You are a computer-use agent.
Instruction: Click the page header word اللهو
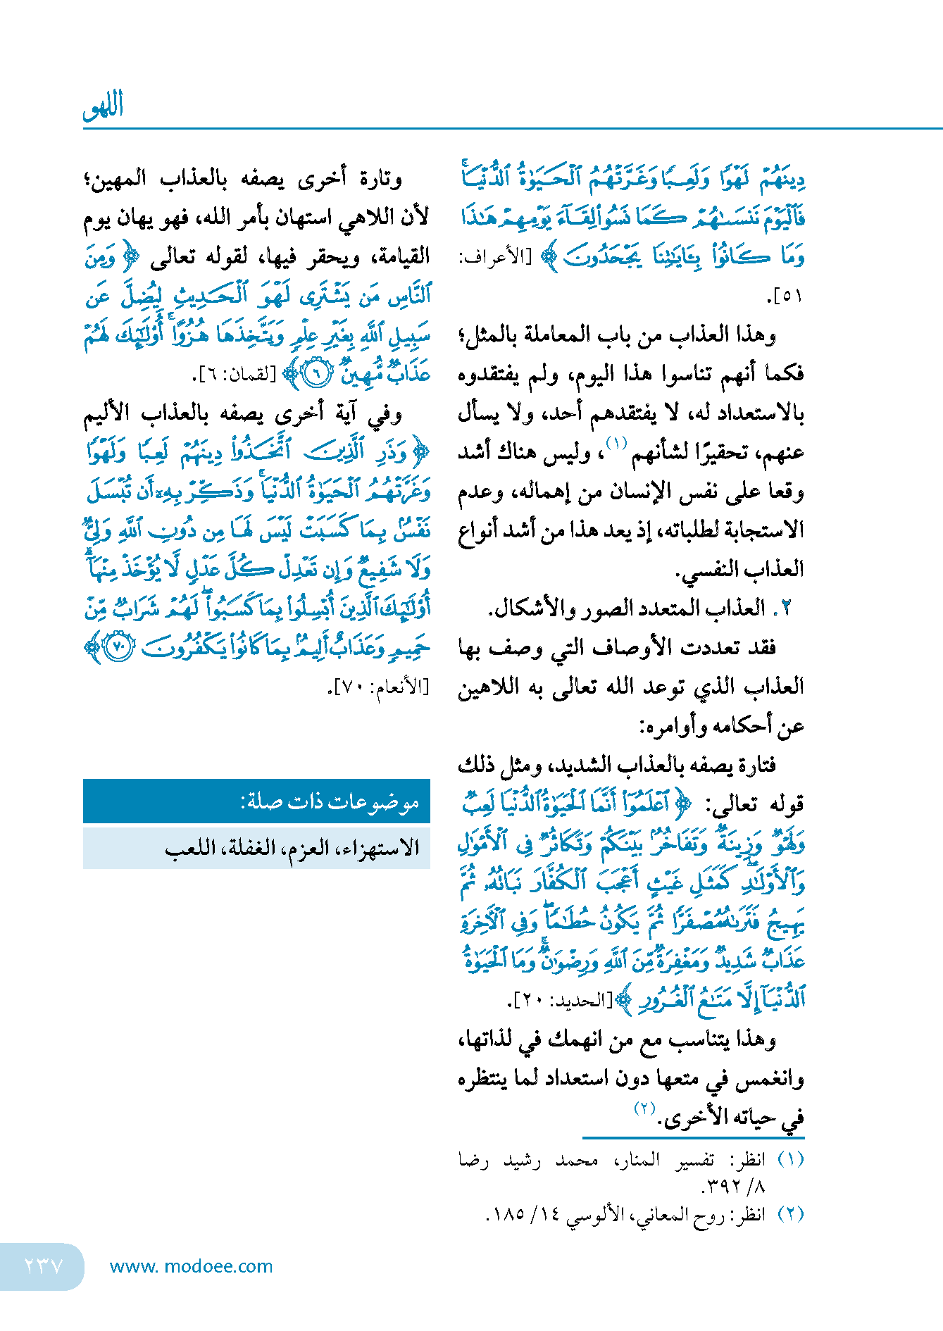(104, 106)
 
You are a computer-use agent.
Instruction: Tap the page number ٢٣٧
(44, 1266)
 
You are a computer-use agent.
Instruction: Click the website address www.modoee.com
(191, 1266)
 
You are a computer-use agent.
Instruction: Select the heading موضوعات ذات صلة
(330, 801)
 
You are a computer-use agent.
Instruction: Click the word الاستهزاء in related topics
(380, 848)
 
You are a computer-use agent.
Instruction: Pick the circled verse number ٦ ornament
(316, 373)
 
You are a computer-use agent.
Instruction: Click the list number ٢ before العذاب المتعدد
(786, 608)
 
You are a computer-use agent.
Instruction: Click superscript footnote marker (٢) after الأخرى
(644, 1108)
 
